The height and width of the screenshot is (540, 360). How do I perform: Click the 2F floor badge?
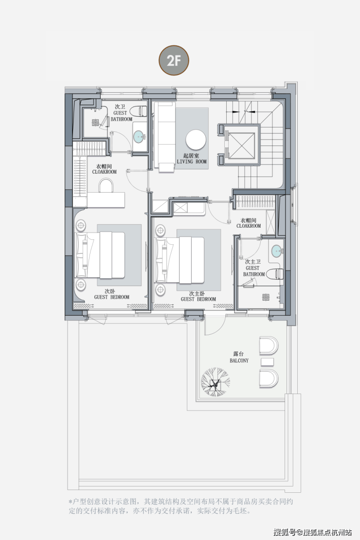pos(174,60)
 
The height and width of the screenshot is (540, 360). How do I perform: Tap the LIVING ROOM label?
pos(192,162)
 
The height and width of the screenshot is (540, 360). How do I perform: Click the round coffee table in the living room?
pos(196,140)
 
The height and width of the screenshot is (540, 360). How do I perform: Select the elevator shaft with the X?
pos(241,144)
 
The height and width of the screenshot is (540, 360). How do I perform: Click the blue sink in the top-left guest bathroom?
pos(140,137)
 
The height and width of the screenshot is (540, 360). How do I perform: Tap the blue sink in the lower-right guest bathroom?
pos(276,251)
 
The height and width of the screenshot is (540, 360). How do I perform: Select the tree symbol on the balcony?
pos(216,382)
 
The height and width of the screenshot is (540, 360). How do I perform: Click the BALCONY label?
pos(239,360)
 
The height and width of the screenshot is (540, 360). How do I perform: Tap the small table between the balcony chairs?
pos(268,362)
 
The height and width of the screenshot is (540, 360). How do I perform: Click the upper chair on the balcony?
pos(269,345)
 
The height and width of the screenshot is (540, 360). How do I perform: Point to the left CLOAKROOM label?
pos(105,172)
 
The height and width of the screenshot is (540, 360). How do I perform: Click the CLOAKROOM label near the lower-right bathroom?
pos(249,226)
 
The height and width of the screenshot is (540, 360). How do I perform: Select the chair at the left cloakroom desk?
pos(106,186)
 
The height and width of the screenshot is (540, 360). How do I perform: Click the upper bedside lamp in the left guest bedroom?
pos(81,226)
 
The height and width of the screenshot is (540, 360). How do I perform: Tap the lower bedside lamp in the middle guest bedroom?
pos(160,288)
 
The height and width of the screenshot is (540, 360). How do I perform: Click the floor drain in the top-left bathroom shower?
pos(95,122)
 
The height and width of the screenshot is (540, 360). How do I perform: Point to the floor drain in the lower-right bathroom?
pos(266,297)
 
